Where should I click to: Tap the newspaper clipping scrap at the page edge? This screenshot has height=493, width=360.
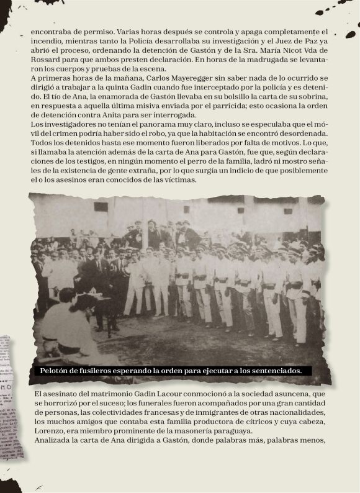point(11,397)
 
